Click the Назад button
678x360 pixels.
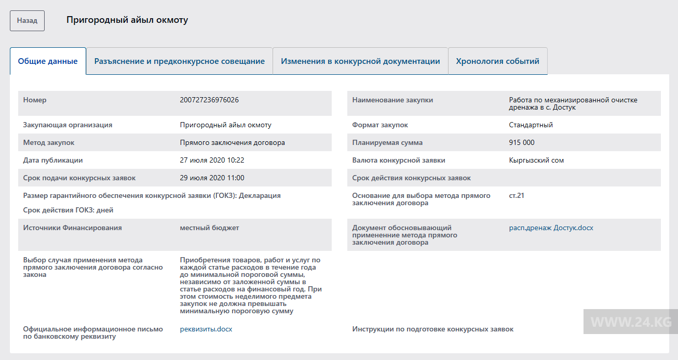click(x=27, y=21)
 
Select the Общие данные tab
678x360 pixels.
click(x=48, y=61)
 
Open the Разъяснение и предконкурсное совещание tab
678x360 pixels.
click(x=179, y=61)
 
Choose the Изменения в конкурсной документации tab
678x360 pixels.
click(x=360, y=61)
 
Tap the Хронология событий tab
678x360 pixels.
click(x=497, y=61)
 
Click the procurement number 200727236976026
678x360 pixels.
click(x=209, y=100)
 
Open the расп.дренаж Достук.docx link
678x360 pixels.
click(x=551, y=228)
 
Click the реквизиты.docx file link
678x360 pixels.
click(x=206, y=329)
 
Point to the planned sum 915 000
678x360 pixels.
click(x=522, y=142)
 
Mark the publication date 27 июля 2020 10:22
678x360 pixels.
click(x=212, y=160)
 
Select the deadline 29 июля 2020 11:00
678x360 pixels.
click(x=212, y=178)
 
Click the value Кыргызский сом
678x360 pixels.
click(x=536, y=160)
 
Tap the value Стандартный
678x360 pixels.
click(x=531, y=125)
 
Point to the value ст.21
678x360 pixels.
click(x=517, y=195)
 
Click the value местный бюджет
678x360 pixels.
click(x=209, y=228)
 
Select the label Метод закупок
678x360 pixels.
click(x=49, y=142)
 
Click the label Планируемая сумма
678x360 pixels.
click(x=387, y=142)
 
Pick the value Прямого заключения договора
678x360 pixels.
click(x=232, y=142)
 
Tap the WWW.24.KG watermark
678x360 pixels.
click(x=631, y=322)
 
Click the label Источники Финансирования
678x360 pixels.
click(x=72, y=228)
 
